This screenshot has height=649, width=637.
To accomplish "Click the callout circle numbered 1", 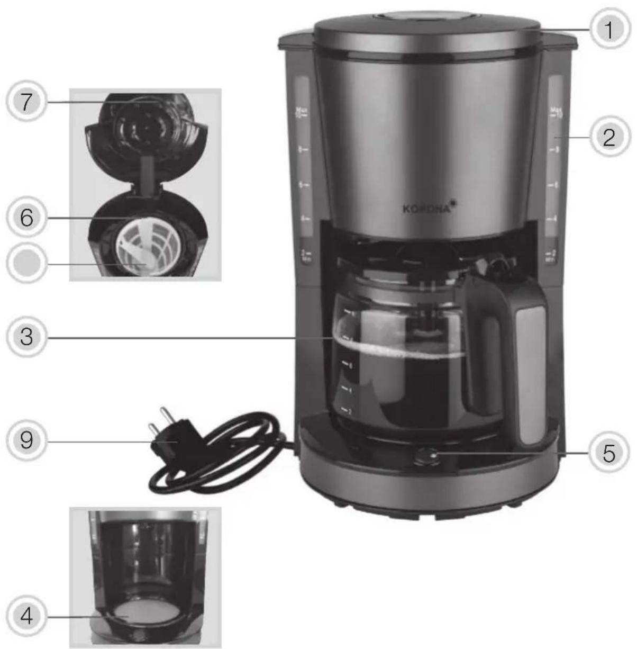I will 609,30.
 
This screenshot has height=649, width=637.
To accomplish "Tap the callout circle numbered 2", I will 609,138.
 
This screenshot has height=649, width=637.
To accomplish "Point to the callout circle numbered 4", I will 26,616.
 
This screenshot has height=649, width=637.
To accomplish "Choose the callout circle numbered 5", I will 609,453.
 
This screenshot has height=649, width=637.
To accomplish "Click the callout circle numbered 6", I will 26,217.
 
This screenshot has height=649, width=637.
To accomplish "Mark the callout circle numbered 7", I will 26,102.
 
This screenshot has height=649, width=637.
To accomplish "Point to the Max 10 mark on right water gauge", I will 555,112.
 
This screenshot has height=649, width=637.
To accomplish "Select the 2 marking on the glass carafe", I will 347,411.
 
